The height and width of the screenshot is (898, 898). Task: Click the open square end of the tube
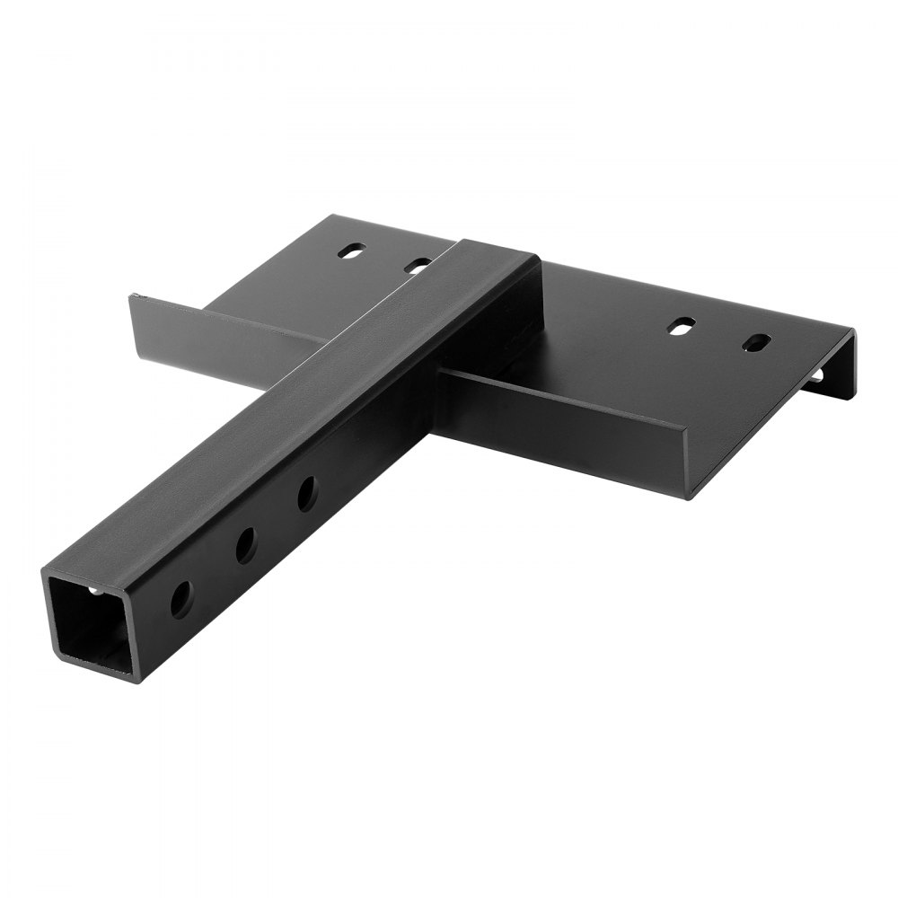pos(91,621)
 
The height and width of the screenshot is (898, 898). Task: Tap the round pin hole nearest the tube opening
pos(181,597)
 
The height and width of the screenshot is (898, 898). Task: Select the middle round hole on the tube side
pos(245,544)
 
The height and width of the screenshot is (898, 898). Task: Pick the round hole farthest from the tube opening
pos(307,493)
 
